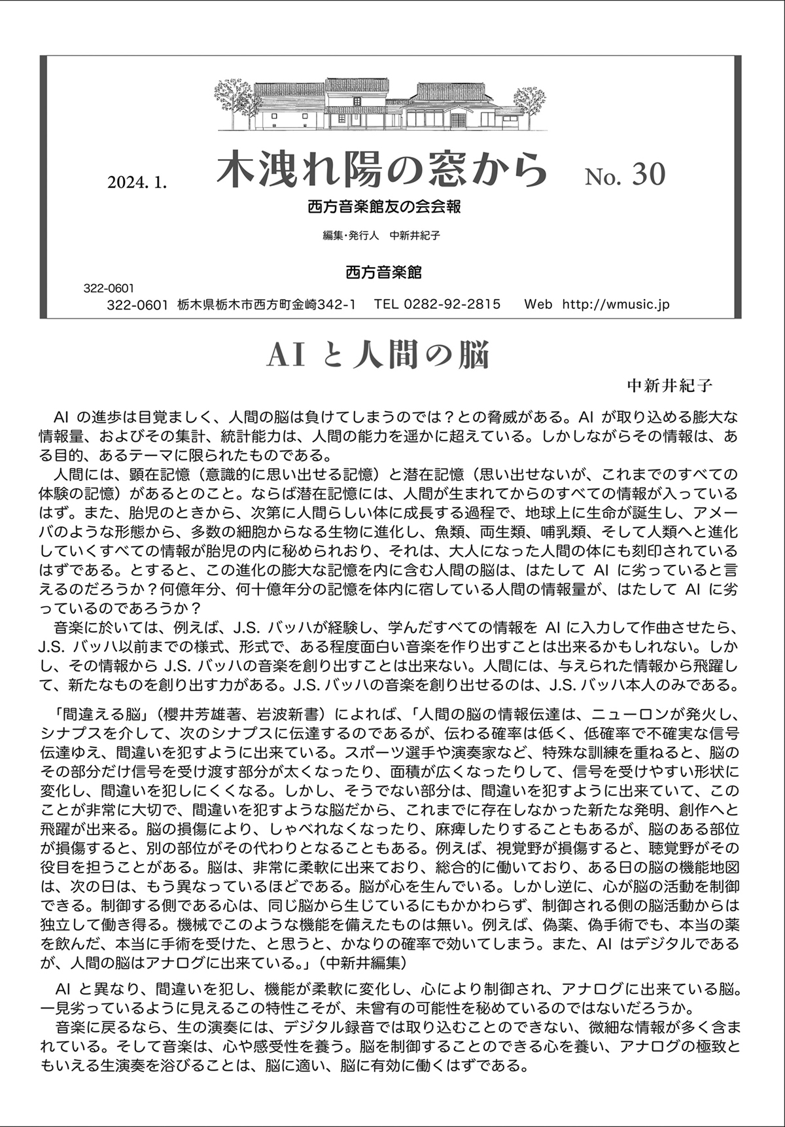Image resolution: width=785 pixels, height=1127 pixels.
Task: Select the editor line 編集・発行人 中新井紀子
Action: point(381,236)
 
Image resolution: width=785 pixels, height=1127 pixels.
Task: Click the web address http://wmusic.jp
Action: point(616,304)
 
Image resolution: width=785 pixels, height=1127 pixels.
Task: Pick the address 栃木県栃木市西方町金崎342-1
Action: point(266,304)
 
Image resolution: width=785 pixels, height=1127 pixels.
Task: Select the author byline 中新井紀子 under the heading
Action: point(669,385)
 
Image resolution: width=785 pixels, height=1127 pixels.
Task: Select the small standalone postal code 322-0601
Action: point(109,288)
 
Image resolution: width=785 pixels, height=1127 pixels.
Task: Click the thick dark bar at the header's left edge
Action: point(43,187)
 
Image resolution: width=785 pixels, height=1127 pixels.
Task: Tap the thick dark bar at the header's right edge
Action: point(737,187)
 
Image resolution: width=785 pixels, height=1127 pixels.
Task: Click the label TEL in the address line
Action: point(387,304)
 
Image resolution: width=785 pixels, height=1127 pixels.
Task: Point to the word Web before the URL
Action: point(538,304)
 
